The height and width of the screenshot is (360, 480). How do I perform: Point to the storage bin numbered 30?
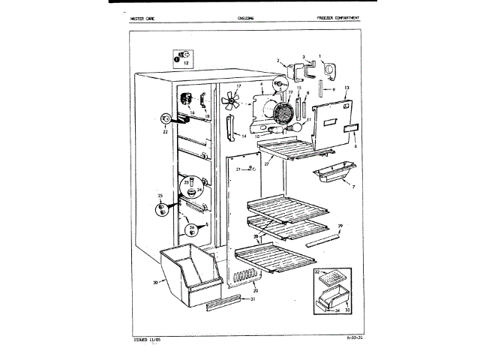click(188, 272)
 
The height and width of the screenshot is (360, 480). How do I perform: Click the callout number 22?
click(164, 132)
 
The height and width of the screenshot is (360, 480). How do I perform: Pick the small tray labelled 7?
click(334, 178)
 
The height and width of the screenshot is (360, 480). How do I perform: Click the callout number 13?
click(347, 88)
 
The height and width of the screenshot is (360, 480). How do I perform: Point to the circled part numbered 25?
click(160, 208)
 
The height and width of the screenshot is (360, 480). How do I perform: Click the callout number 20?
click(256, 290)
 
